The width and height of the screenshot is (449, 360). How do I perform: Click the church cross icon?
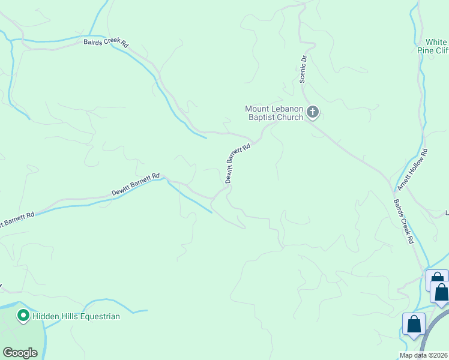(312, 112)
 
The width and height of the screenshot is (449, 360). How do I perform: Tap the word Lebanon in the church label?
(283, 109)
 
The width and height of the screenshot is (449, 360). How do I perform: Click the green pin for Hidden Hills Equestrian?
(23, 315)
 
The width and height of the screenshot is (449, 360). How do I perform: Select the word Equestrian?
(100, 316)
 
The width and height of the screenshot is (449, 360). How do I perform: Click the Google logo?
(20, 353)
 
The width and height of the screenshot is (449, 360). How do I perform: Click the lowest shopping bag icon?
(414, 325)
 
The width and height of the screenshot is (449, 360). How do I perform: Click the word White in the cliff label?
(436, 42)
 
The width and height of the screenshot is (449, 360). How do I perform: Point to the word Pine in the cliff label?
(426, 51)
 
